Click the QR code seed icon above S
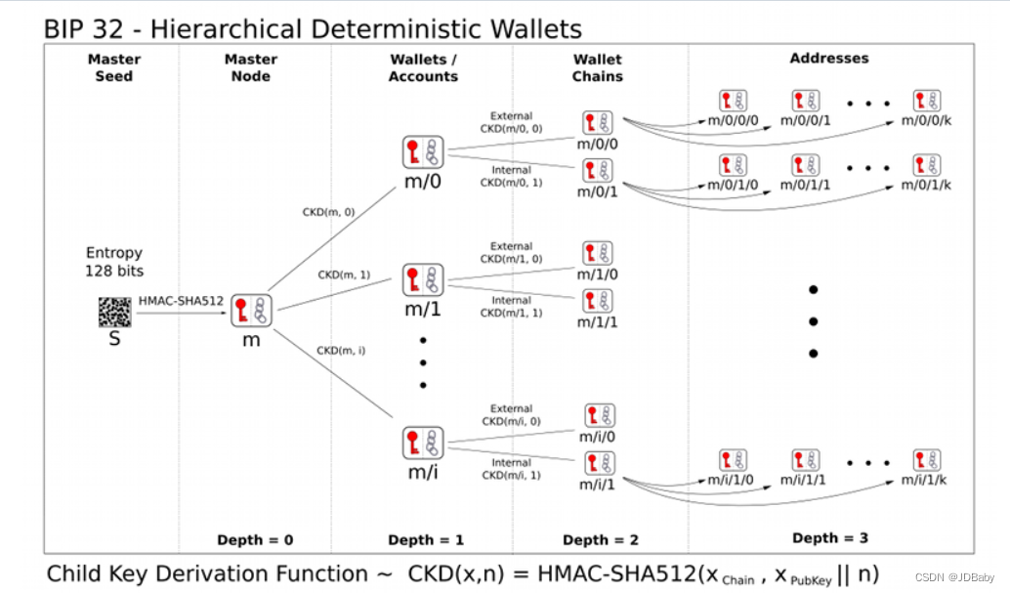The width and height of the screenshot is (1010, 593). tap(114, 313)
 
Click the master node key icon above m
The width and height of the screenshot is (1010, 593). tap(250, 312)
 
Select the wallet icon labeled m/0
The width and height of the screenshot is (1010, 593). tap(423, 153)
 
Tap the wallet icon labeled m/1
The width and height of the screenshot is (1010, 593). tap(423, 281)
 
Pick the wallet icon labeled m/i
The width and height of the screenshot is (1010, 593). tap(423, 444)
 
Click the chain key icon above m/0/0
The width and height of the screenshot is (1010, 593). tap(598, 123)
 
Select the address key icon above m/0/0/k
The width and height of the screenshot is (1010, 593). tap(926, 101)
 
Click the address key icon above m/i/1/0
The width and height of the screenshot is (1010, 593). tap(733, 461)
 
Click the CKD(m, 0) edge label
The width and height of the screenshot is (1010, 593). tap(330, 213)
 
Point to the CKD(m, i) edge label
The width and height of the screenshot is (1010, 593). tap(341, 350)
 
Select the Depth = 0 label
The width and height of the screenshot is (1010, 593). tap(255, 539)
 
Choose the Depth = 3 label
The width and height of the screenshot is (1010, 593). tap(829, 537)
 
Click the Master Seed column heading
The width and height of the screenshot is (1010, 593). tap(114, 67)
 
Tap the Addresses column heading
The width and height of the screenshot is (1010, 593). tap(828, 59)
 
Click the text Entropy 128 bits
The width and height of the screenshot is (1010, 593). tap(114, 261)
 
